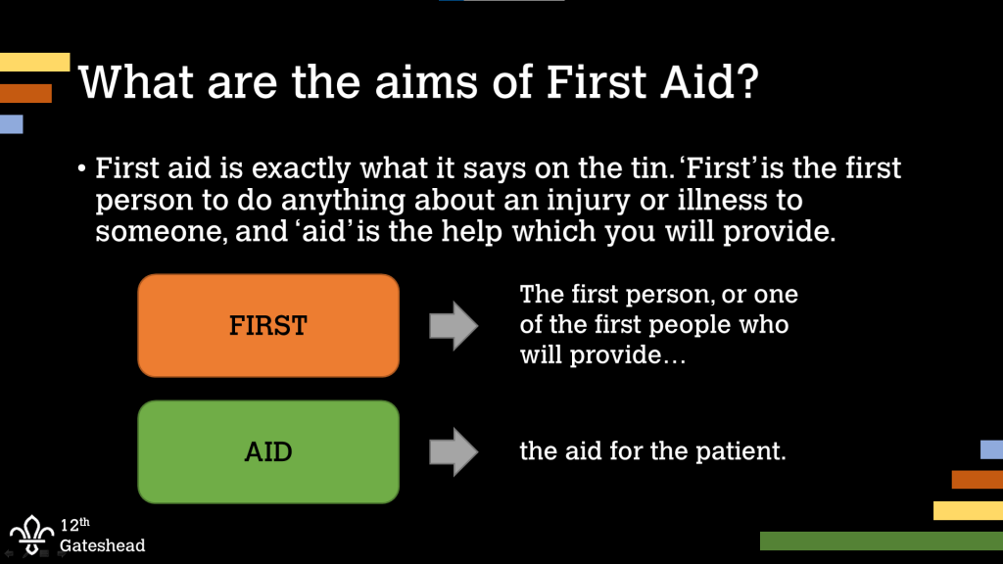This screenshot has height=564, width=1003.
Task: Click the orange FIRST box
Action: [268, 325]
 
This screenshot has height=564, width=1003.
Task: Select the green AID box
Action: [268, 452]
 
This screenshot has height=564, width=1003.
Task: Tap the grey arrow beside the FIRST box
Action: [454, 326]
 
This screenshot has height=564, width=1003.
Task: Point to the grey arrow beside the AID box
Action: [454, 452]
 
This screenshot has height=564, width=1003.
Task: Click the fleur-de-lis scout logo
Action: [32, 535]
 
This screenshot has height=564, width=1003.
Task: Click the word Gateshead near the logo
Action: [102, 545]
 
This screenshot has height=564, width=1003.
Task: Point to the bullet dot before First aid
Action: [82, 169]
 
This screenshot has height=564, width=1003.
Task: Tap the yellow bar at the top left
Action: [35, 63]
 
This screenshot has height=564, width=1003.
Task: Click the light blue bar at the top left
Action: [11, 124]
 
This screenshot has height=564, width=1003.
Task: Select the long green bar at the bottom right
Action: [881, 540]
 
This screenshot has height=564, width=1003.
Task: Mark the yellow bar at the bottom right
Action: [968, 510]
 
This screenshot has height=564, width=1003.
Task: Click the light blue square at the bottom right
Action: [991, 449]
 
